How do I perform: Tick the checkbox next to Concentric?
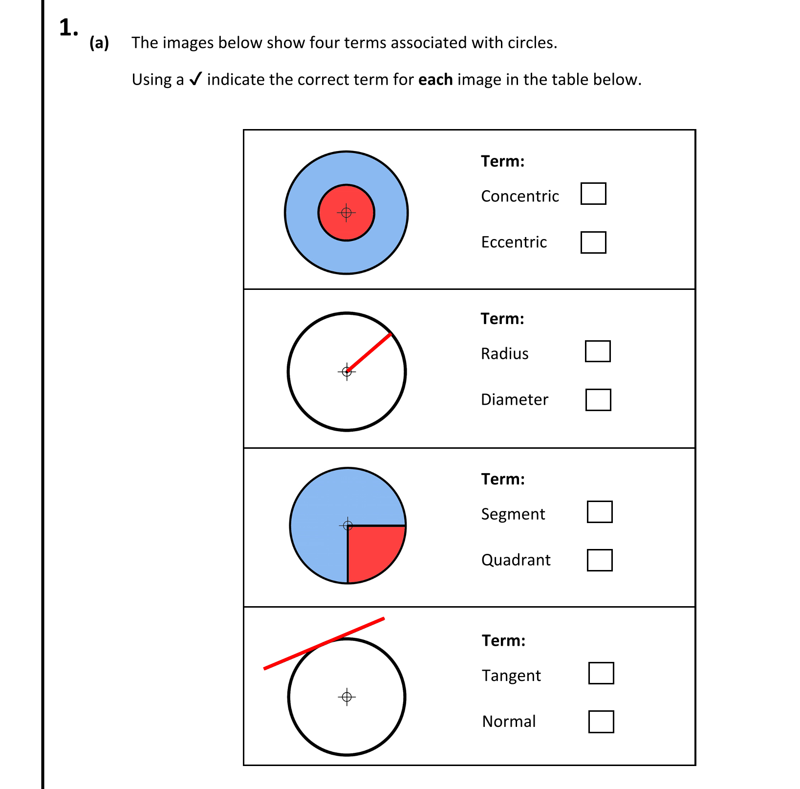(x=593, y=194)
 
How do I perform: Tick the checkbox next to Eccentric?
(x=593, y=242)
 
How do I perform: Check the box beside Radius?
(x=598, y=351)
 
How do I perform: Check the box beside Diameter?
(x=598, y=400)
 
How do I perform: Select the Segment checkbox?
(x=600, y=512)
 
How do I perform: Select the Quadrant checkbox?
(x=600, y=560)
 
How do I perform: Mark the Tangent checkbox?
(x=601, y=673)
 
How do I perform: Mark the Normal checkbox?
(x=601, y=722)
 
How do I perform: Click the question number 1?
(x=68, y=28)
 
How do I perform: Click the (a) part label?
(x=99, y=43)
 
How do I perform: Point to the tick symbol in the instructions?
(x=195, y=79)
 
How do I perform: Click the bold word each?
(x=435, y=80)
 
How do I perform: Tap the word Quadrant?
(x=516, y=560)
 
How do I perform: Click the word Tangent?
(x=511, y=676)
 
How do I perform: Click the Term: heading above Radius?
(x=502, y=319)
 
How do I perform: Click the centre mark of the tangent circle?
(x=347, y=697)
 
